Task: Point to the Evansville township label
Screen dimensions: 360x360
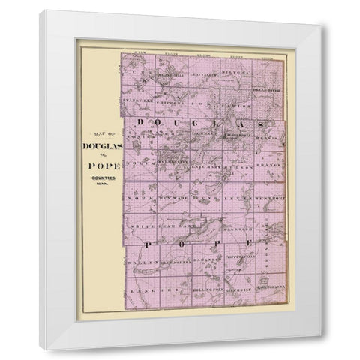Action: tap(139, 97)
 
